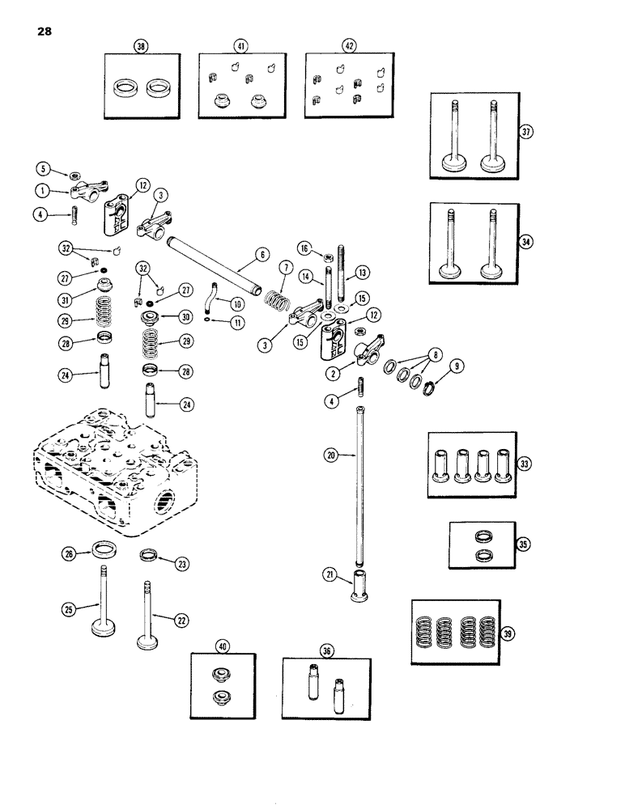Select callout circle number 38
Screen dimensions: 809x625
pos(142,47)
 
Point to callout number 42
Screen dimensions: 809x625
pos(349,47)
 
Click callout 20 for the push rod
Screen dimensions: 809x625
pos(330,455)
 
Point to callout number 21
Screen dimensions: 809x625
pos(330,574)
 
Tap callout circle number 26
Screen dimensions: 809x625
pos(70,553)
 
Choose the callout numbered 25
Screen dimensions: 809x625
pos(70,607)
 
